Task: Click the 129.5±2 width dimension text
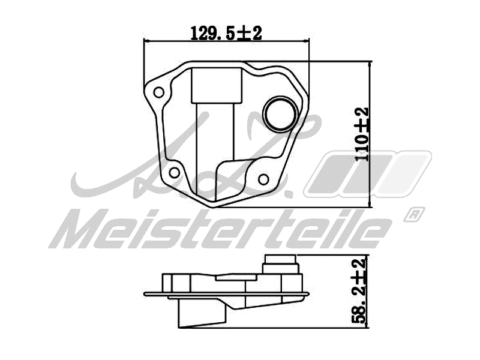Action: tap(226, 33)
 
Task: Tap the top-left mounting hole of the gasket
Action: tap(159, 92)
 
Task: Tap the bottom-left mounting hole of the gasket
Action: tap(174, 173)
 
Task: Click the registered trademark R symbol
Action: tap(415, 214)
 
